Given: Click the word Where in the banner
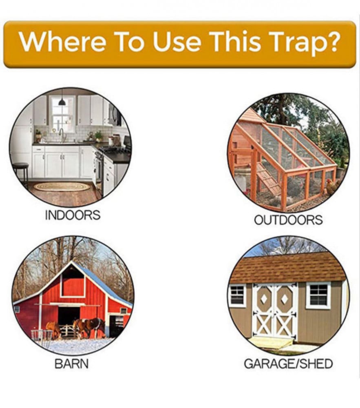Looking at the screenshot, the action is coord(62,41).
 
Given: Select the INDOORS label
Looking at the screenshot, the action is coord(73,215).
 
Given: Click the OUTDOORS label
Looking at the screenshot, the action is coord(288,220).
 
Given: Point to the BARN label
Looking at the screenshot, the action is coord(71,364).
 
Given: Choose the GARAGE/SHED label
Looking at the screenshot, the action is coord(288,364).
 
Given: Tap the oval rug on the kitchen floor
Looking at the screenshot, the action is coord(62,186).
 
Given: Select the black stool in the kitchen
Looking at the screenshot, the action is coord(20,173).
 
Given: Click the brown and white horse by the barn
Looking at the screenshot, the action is coord(89,327).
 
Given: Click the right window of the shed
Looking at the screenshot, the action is coord(318,295).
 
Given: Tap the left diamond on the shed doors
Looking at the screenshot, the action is coord(264,299).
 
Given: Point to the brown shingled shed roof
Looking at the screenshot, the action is coord(288,268).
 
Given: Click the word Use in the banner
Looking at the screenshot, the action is coord(177,42).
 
